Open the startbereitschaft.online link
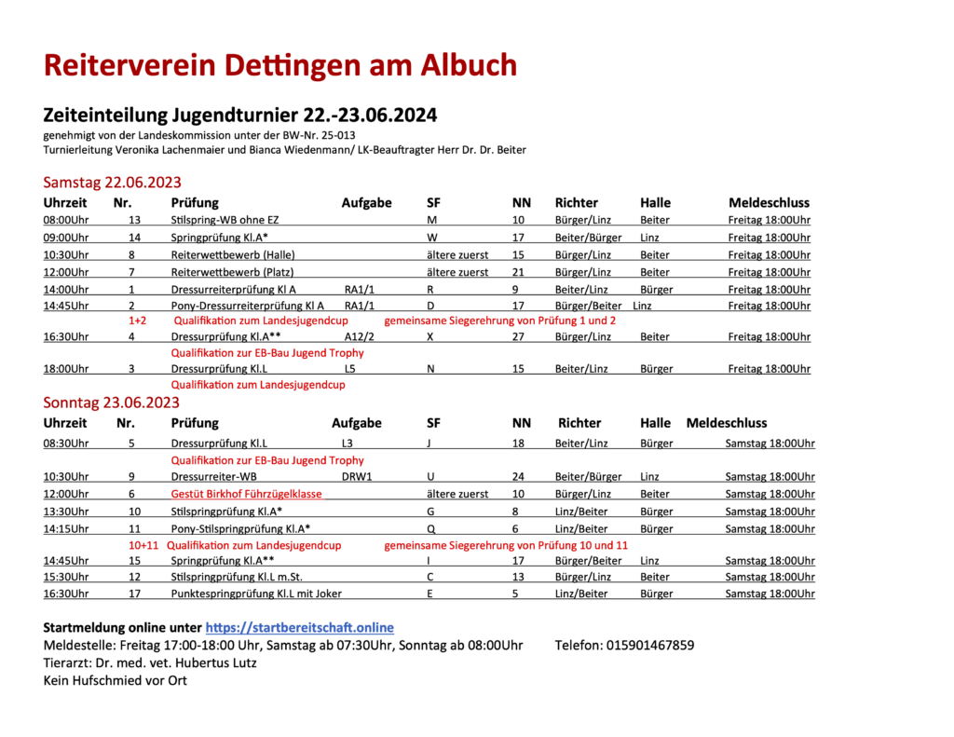click(x=299, y=627)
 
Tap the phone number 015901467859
click(x=649, y=645)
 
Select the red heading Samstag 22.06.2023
click(x=112, y=182)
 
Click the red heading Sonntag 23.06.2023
click(x=112, y=403)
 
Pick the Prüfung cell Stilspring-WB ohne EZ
click(x=225, y=220)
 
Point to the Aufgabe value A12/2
click(x=360, y=336)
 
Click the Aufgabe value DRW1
click(x=357, y=476)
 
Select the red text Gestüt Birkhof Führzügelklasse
click(x=246, y=494)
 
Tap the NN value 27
click(x=520, y=336)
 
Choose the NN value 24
click(x=520, y=476)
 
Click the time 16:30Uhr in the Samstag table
click(x=65, y=336)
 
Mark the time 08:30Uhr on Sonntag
click(x=65, y=443)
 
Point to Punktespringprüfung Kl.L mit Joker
click(x=256, y=594)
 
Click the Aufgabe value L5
click(x=349, y=369)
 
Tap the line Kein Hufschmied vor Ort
click(x=116, y=680)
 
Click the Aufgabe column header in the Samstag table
click(x=367, y=202)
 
